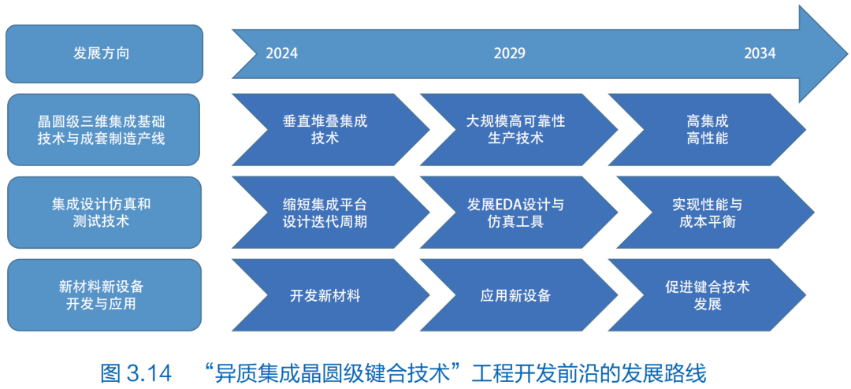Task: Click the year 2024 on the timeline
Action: tap(281, 54)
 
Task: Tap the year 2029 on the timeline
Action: tap(510, 54)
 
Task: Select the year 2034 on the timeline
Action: tap(760, 54)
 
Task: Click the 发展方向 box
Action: tap(104, 54)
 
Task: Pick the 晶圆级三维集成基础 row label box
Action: tap(104, 130)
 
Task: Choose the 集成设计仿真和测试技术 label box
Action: tap(104, 212)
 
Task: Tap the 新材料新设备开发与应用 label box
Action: tap(104, 295)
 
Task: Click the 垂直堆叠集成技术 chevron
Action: tap(330, 130)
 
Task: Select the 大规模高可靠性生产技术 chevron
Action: tap(518, 130)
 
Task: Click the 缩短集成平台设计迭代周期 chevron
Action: tap(330, 212)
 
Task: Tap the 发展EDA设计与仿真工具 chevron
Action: tap(518, 212)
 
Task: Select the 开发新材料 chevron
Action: tap(330, 295)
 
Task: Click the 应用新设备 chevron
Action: tap(518, 295)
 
